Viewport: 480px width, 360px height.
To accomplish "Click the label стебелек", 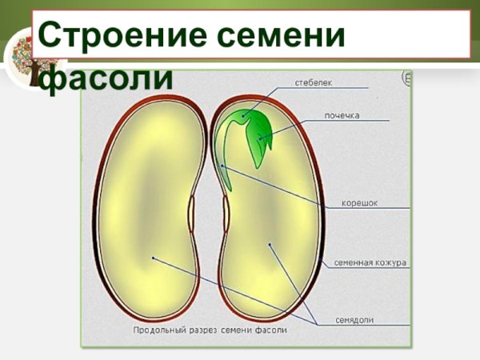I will coord(313,82).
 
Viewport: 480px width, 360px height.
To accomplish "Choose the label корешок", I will coord(360,203).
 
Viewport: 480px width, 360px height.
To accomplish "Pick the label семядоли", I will coord(354,320).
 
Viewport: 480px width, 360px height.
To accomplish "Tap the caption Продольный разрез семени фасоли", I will coord(209,329).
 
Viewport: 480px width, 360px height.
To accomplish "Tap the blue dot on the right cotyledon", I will coord(270,244).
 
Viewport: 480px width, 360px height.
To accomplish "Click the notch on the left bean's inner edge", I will coord(192,212).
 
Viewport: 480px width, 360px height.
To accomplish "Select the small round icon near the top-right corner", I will coord(406,78).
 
